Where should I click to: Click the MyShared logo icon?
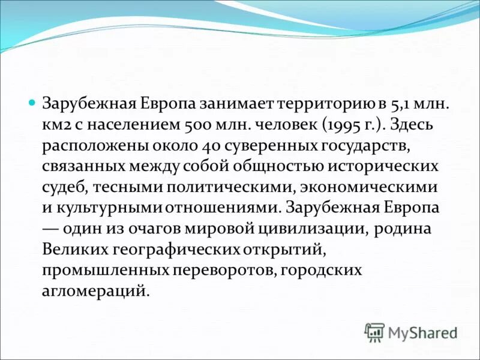(374, 332)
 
